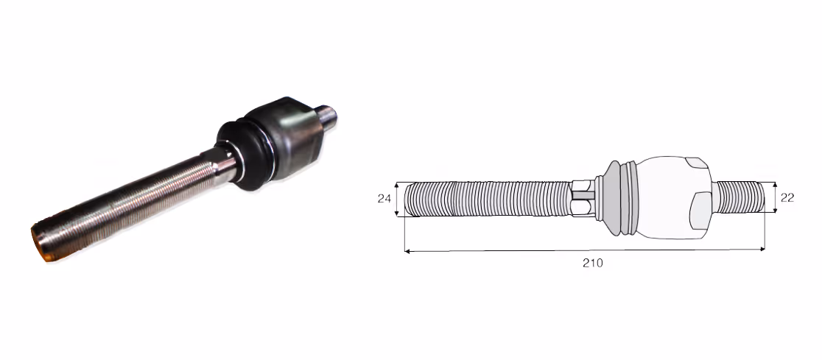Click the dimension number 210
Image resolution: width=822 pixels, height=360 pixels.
pos(593,263)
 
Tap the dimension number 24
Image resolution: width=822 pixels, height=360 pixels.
pos(384,199)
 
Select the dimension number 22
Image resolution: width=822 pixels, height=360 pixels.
pos(787,197)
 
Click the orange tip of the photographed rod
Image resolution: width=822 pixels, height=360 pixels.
pos(41,243)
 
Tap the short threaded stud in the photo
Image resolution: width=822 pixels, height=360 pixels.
pos(327,117)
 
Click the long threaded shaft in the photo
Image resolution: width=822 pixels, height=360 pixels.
pos(126,205)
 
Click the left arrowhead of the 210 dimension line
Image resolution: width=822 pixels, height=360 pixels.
pos(407,252)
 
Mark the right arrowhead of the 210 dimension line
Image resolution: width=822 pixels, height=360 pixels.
pos(762,250)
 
